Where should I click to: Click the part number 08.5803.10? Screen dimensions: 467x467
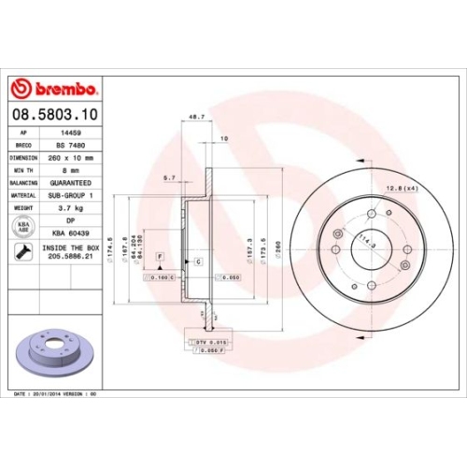click(x=53, y=115)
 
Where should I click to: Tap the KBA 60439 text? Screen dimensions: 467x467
click(x=72, y=235)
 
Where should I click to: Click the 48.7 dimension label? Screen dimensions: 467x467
click(x=196, y=118)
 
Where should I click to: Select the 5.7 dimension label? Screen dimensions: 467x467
click(x=168, y=177)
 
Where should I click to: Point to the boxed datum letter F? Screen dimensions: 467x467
click(x=160, y=255)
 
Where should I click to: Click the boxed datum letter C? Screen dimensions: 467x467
click(x=199, y=262)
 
